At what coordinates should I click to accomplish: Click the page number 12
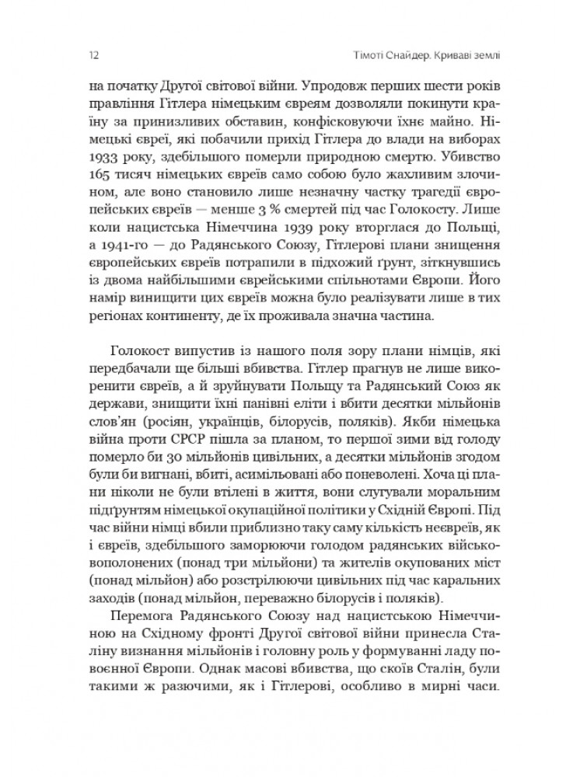92,56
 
